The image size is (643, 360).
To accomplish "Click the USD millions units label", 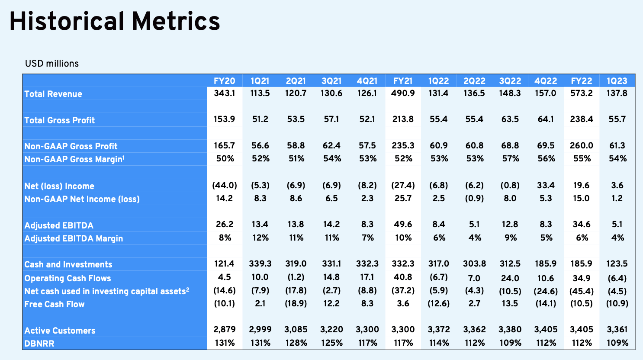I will pos(52,63).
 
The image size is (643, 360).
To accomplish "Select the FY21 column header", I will pos(403,81).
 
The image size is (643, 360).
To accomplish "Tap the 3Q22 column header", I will pos(510,81).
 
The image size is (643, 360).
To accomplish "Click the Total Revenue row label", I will pos(53,94).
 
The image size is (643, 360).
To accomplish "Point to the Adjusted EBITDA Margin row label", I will pos(74,238).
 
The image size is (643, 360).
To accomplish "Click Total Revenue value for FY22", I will pos(582,93).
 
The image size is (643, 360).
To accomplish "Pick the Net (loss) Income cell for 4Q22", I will pos(546,185).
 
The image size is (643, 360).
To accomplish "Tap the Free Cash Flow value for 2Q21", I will pos(296,303).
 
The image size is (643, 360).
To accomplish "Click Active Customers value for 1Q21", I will pos(260,329).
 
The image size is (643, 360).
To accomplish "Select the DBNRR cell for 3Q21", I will pos(331,343).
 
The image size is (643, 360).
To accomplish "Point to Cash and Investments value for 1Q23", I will pos(617,264).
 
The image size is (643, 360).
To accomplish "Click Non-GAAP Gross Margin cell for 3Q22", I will pos(510,158).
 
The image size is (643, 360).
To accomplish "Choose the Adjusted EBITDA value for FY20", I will pos(225,224).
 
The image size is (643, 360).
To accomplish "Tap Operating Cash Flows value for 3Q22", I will pos(510,278).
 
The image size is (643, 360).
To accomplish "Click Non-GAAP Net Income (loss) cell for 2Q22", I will pos(474,199).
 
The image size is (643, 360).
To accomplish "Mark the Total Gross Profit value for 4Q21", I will pos(367,119).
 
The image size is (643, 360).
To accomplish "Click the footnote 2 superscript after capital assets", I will pos(188,289).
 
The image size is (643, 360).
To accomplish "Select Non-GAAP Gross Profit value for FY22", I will pos(582,145).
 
